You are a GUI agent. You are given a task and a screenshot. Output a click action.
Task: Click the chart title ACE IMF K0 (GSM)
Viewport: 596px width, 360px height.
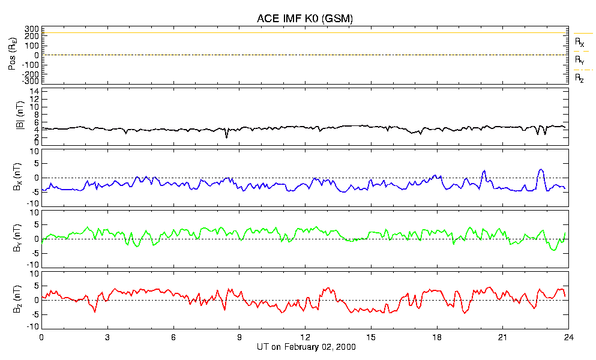point(304,18)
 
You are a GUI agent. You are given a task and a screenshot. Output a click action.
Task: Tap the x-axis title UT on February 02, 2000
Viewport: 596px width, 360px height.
point(306,347)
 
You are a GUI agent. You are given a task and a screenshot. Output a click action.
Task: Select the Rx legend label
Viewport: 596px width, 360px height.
point(579,42)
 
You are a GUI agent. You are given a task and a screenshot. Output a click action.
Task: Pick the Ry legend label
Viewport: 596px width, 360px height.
point(579,60)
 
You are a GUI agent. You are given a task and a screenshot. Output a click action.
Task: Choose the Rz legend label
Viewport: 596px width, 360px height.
point(579,79)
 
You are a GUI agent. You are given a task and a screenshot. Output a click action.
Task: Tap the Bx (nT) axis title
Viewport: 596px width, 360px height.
point(17,177)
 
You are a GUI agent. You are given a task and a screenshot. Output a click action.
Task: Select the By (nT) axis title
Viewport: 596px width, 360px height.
point(17,238)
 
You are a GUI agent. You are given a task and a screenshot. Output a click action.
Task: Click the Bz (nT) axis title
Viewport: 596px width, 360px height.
point(17,299)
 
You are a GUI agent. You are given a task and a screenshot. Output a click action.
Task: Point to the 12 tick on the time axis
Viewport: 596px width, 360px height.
point(305,337)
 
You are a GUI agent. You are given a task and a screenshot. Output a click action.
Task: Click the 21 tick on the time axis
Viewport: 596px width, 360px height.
point(502,337)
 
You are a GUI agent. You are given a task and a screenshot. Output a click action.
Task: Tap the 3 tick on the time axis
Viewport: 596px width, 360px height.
point(107,337)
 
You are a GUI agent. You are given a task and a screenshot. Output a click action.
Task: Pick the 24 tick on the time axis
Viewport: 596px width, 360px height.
point(568,337)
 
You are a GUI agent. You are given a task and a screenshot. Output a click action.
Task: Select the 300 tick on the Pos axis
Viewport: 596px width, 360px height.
point(32,29)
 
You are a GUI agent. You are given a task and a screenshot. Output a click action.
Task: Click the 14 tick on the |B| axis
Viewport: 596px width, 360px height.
point(35,91)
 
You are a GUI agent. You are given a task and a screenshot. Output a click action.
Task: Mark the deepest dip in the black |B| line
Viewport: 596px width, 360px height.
point(226,137)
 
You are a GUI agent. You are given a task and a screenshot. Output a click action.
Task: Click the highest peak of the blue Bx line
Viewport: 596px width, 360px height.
point(541,169)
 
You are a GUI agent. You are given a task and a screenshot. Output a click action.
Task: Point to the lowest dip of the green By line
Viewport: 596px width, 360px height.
point(554,250)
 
